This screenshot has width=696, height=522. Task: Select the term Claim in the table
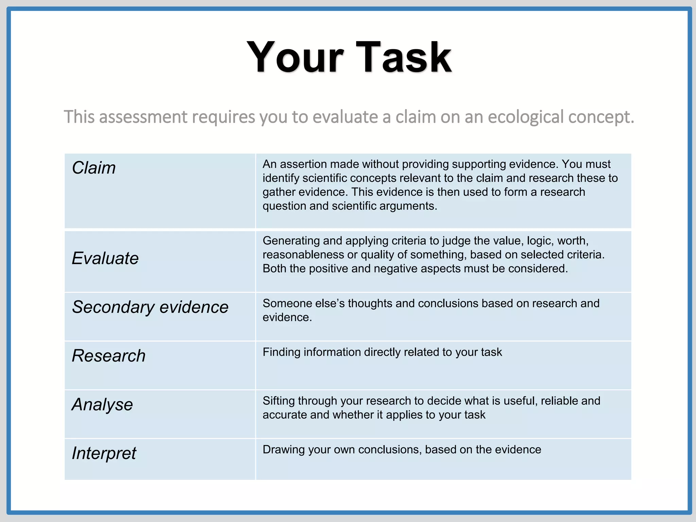tap(94, 168)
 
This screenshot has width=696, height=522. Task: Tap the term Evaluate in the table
tap(105, 258)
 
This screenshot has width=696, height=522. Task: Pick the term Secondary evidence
tap(150, 307)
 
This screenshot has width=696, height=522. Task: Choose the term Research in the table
tap(109, 356)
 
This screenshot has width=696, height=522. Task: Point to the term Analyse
tap(102, 404)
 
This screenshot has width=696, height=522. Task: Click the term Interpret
tap(104, 453)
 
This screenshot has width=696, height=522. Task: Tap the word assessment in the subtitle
tap(143, 117)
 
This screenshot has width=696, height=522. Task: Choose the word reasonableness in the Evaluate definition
tap(303, 255)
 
